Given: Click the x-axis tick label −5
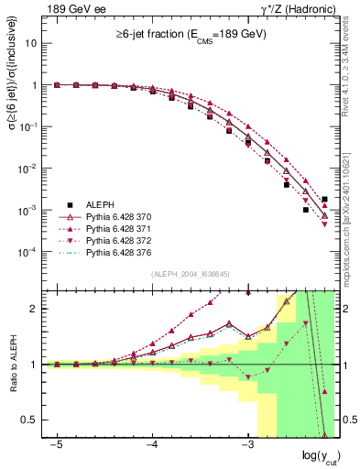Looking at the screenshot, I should (57, 443).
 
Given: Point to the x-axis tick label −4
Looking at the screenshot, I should (152, 443).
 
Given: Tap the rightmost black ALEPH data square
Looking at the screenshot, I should (325, 199).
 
